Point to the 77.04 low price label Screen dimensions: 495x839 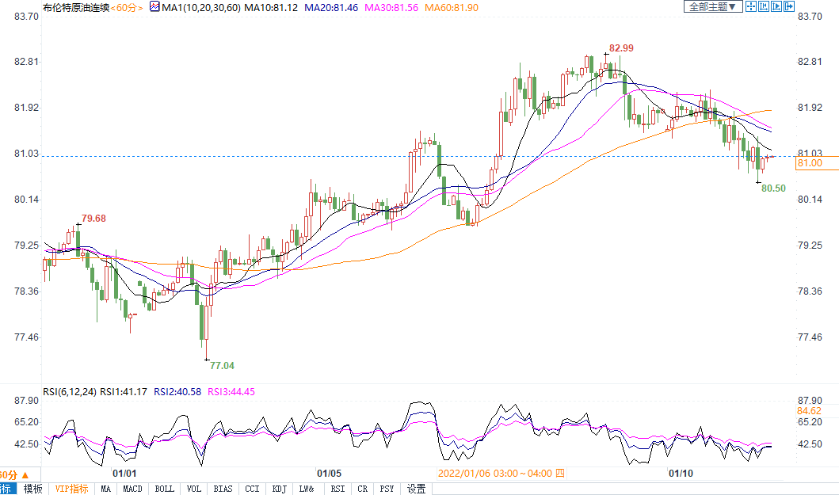(222, 366)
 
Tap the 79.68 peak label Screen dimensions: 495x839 (93, 218)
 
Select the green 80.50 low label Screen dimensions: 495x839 (773, 188)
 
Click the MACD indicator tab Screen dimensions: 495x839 (132, 489)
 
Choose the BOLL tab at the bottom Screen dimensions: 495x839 (165, 489)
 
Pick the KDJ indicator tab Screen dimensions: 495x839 (279, 489)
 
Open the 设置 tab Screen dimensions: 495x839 (416, 489)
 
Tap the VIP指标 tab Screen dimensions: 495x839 (71, 489)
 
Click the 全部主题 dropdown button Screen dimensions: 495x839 (712, 6)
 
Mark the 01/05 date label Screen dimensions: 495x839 (328, 473)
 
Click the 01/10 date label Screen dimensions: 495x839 (681, 473)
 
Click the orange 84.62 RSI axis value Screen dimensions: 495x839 (810, 411)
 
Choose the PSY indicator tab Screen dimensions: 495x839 (387, 489)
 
